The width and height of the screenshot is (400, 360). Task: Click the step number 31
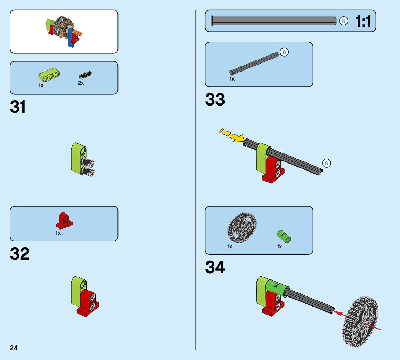click(18, 107)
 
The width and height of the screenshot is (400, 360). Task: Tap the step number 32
click(20, 254)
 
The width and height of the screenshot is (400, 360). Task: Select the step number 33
click(215, 100)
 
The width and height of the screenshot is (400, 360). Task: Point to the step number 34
click(215, 267)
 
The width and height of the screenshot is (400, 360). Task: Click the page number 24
click(14, 348)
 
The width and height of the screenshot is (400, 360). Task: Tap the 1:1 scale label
click(363, 22)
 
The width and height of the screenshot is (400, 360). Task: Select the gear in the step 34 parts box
click(242, 227)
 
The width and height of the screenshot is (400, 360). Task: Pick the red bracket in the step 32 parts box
click(64, 220)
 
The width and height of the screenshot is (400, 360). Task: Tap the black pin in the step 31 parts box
click(85, 74)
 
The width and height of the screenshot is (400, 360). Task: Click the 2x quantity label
click(81, 83)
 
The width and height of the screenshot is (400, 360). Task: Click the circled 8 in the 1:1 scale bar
click(343, 21)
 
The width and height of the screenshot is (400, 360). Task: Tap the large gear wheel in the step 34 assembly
click(360, 321)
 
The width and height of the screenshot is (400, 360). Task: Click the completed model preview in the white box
click(64, 31)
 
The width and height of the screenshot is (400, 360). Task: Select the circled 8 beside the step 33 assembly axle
click(326, 163)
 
